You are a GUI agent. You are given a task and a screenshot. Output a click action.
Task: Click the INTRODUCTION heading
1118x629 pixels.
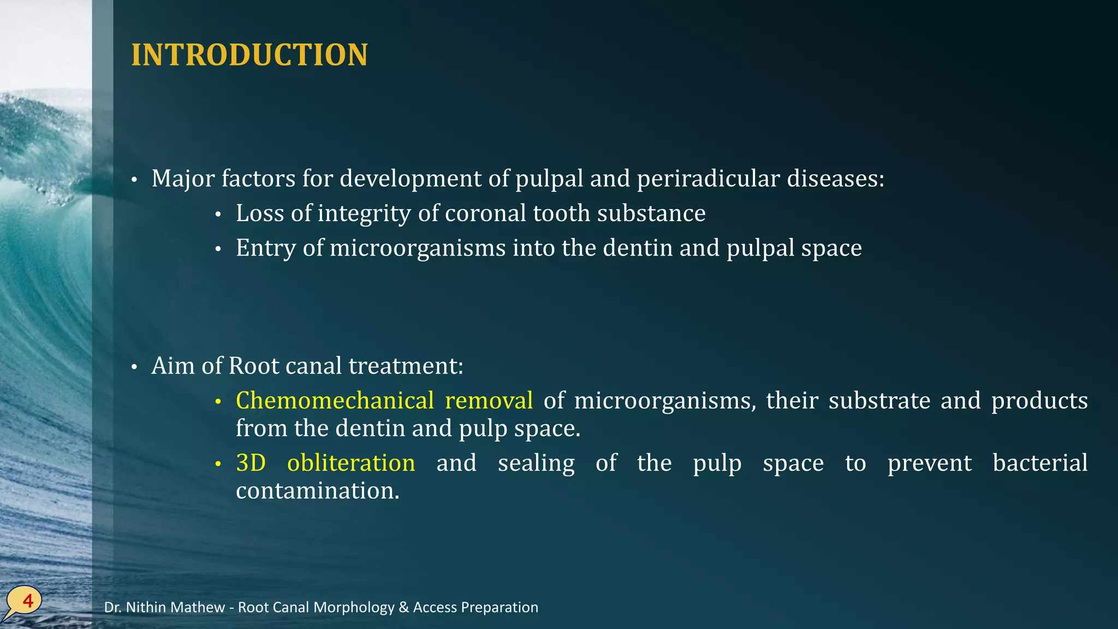click(249, 55)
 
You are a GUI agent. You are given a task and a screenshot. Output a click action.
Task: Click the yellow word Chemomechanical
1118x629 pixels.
click(335, 401)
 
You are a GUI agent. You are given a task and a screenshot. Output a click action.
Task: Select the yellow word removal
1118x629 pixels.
click(489, 401)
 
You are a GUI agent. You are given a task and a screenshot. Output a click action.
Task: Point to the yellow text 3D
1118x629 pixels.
click(251, 463)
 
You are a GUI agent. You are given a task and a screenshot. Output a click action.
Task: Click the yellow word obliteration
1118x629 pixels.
click(351, 463)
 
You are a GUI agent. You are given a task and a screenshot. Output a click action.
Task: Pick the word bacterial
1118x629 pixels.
click(1039, 463)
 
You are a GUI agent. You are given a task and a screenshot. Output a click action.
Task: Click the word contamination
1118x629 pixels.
click(317, 490)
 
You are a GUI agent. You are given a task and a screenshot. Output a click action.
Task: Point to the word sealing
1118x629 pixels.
click(536, 463)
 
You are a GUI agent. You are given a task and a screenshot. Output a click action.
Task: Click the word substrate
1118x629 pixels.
click(879, 401)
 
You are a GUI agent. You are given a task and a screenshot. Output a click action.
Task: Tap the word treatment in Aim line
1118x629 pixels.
click(406, 366)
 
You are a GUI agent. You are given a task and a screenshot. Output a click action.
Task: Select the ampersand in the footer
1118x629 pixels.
click(403, 607)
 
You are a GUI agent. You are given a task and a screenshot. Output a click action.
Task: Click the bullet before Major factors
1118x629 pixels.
click(134, 180)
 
